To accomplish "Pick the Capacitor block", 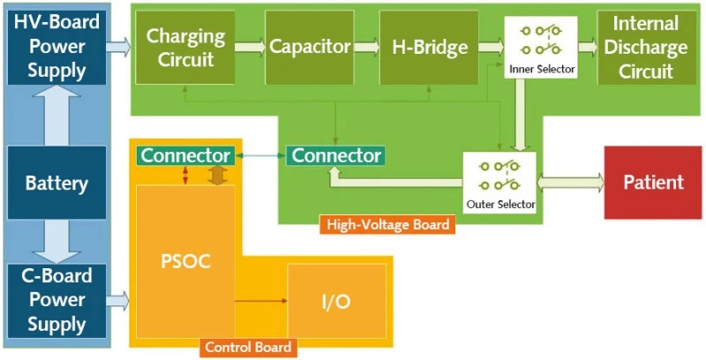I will pos(309,48).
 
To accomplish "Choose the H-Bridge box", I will pos(430,48).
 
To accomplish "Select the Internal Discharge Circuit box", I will pos(646,48).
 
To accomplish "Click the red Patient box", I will pos(653,183).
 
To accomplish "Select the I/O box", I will pos(336,301).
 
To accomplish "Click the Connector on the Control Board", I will pos(185,156).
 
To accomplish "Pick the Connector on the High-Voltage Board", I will pos(335,156).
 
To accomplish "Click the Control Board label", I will pos(247,348).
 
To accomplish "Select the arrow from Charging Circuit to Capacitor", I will pos(251,48).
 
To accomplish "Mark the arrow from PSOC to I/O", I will pos(261,301).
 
